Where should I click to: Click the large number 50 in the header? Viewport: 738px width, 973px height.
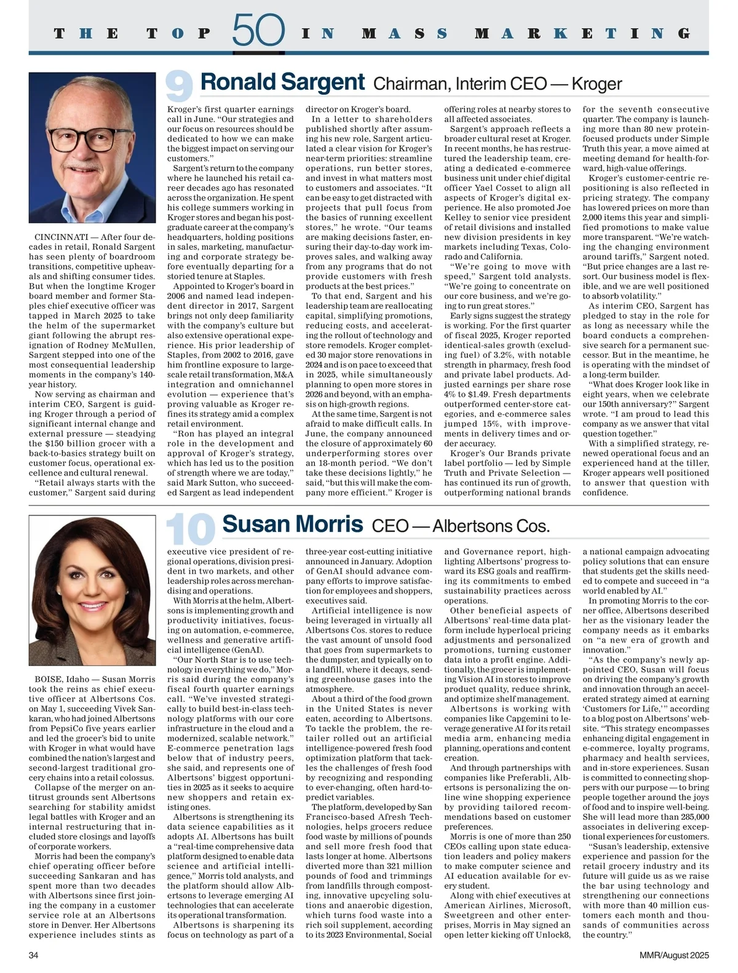point(258,31)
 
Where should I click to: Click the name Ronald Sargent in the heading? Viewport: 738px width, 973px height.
point(283,82)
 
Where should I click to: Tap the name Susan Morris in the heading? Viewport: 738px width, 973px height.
point(293,525)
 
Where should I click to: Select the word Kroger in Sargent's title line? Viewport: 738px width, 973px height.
point(597,84)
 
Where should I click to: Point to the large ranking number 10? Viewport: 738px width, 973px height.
point(190,529)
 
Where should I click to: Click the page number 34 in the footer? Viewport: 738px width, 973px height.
point(34,955)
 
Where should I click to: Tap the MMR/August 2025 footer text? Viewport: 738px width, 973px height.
point(673,955)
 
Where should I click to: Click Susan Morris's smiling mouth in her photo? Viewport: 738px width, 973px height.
point(92,606)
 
